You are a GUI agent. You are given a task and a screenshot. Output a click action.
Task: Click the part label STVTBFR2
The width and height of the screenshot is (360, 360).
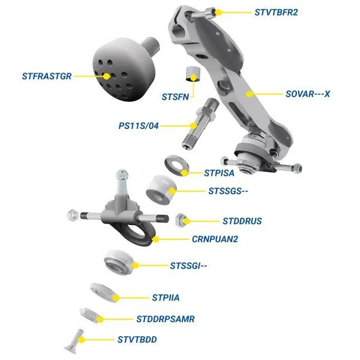[276, 12]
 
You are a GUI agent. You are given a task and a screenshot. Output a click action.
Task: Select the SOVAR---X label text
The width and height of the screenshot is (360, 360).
[308, 94]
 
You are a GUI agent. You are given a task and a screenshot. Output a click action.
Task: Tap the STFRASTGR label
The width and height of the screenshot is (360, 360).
[47, 76]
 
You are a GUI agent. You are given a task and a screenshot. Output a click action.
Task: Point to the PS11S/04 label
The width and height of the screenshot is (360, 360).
[139, 126]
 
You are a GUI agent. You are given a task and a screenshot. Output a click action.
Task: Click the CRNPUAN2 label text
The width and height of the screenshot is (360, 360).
[215, 239]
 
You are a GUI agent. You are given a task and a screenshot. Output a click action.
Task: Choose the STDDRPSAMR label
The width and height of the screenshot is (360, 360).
[166, 319]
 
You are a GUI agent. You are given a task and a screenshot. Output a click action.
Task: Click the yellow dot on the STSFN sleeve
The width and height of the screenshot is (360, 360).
[194, 77]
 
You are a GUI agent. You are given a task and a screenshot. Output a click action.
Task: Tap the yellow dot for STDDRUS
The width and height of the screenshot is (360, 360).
[186, 221]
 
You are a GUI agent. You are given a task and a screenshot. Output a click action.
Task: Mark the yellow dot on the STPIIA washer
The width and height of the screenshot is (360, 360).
[116, 298]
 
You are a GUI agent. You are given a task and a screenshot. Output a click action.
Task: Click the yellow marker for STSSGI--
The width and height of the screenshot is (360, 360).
[135, 266]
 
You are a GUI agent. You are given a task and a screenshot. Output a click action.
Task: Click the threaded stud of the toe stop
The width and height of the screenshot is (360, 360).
[151, 46]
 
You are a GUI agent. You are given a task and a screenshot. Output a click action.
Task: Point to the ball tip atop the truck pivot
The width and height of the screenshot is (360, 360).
[122, 175]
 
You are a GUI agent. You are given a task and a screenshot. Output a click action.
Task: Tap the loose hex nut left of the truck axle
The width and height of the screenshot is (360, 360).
[73, 215]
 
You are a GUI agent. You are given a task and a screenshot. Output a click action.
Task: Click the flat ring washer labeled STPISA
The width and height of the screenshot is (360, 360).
[177, 166]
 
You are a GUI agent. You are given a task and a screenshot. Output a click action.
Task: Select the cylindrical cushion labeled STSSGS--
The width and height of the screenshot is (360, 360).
[161, 190]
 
